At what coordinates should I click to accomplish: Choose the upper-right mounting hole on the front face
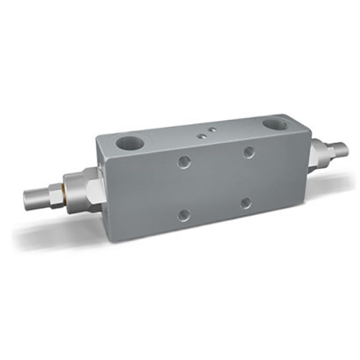click(x=249, y=152)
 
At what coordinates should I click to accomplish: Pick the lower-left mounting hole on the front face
click(x=184, y=214)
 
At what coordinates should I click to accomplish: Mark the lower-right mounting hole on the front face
click(x=246, y=203)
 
